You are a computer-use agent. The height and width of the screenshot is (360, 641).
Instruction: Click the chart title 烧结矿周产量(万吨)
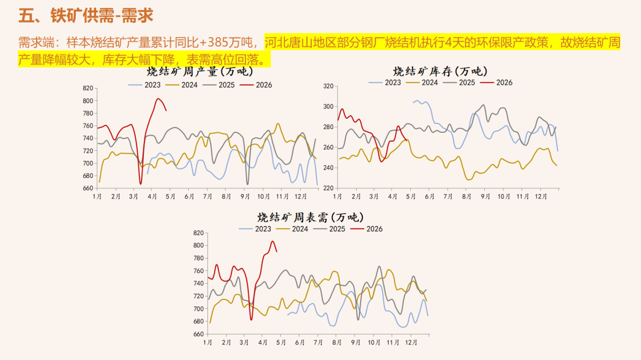tap(200, 72)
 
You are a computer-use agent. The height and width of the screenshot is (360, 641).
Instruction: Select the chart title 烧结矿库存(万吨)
tap(441, 70)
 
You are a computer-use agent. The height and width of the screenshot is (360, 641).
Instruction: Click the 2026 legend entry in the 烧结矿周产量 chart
tap(257, 84)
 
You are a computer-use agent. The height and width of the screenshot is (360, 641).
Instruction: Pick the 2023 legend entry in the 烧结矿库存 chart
tap(386, 82)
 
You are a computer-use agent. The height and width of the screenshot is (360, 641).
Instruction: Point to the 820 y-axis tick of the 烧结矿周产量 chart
tap(88, 88)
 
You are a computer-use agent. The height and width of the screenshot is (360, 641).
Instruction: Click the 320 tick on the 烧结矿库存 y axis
tap(327, 86)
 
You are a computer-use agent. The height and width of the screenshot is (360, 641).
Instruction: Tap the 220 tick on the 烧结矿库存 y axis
tap(327, 188)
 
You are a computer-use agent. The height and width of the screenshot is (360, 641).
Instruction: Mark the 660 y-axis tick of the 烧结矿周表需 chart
tap(199, 334)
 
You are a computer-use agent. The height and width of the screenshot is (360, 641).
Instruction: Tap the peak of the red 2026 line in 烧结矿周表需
tap(272, 241)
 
